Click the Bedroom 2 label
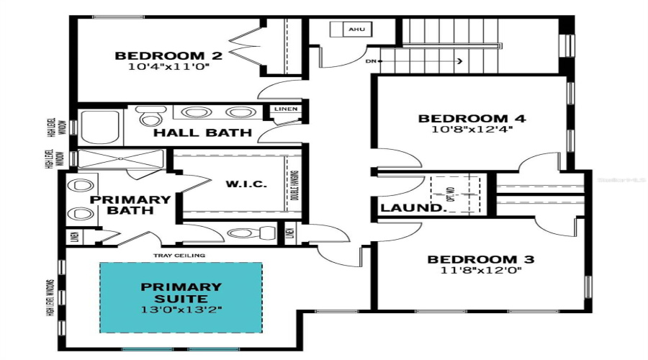pos(169,55)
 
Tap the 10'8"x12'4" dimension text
pos(473,131)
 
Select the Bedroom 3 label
pos(481,259)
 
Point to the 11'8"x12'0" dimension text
pos(481,271)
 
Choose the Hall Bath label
pos(202,132)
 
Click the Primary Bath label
pos(130,204)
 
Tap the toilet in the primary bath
pos(252,232)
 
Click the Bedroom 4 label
pos(473,119)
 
